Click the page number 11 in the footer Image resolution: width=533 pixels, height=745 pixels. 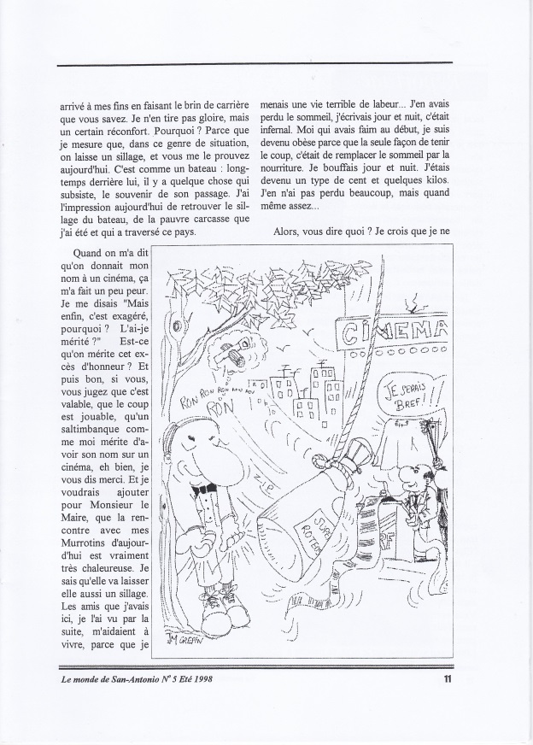[448, 680]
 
